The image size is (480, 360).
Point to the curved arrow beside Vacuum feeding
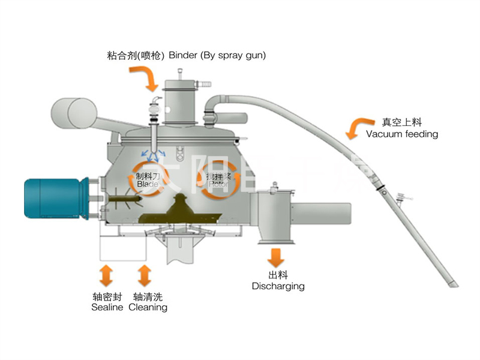pos(356,127)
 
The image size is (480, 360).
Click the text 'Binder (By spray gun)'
pos(217,55)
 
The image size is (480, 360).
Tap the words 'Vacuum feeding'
pos(401,134)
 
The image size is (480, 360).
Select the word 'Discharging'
pos(278,286)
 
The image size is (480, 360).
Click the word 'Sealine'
pos(107,307)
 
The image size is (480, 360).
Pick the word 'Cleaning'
pos(148,307)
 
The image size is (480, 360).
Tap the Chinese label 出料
pos(277,275)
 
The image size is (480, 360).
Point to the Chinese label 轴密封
pos(107,296)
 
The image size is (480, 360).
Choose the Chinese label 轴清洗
pos(148,296)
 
